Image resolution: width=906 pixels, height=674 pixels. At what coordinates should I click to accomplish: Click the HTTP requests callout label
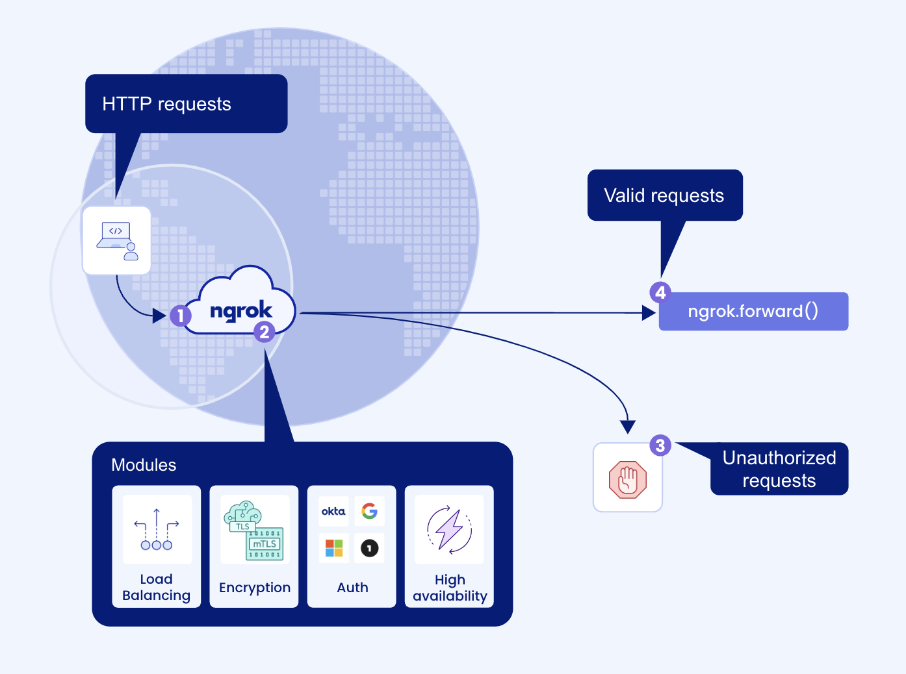point(166,104)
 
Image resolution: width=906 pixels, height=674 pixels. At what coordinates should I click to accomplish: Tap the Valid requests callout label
point(664,195)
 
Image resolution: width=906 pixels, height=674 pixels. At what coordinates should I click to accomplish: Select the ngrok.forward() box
point(753,312)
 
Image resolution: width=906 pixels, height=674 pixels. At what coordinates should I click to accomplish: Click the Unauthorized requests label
point(779,469)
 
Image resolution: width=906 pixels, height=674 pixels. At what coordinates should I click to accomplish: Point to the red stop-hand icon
point(628,479)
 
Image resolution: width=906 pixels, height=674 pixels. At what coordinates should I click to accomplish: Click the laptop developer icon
point(117,241)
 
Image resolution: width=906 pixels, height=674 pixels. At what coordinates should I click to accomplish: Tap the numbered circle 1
point(180,316)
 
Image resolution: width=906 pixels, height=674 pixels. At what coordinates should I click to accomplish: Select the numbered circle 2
point(264,332)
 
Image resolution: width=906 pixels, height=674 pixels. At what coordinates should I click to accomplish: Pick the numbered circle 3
point(660,445)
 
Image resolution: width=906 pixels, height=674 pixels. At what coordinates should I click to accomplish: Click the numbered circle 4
point(660,292)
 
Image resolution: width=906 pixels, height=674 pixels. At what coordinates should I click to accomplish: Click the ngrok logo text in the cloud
point(241,310)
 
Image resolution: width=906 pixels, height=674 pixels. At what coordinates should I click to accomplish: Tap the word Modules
point(144,465)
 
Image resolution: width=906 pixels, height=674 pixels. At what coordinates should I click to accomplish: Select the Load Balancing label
point(156,587)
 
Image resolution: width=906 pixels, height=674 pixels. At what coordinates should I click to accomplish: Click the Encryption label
point(255,588)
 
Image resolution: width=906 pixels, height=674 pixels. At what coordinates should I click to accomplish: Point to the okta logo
point(333,512)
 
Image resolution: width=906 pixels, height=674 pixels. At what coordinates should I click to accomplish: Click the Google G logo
point(369,512)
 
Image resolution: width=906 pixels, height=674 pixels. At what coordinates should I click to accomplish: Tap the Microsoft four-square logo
point(333,548)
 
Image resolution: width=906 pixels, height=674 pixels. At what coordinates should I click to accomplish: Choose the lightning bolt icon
point(449,529)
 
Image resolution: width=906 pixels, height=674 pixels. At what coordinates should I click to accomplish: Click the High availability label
point(450,588)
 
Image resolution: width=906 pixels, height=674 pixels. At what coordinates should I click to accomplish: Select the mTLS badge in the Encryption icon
point(265,544)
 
